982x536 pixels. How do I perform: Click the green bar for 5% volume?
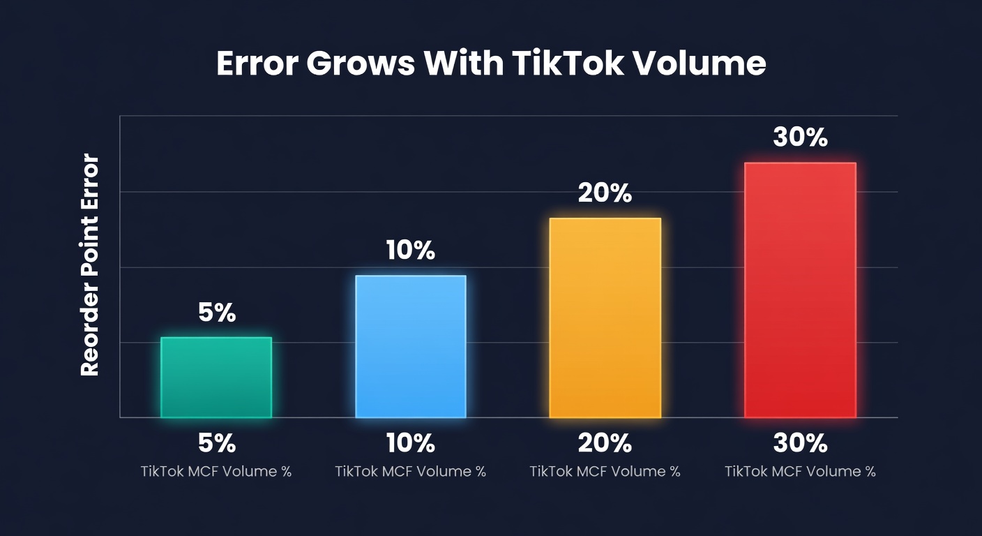(216, 378)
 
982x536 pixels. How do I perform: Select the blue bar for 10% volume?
(411, 347)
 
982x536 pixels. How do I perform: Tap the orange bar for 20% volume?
(605, 318)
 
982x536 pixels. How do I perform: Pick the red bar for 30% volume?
(800, 290)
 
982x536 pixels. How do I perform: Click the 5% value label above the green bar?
(217, 313)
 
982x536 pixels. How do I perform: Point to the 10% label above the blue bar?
(411, 251)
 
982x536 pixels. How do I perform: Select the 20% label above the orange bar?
(605, 193)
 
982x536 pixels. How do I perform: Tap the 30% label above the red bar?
(800, 137)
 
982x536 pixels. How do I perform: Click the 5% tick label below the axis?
(217, 442)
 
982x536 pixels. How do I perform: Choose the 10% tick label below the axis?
(411, 442)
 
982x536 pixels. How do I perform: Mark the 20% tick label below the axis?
(605, 442)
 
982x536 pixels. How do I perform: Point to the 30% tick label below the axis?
(800, 442)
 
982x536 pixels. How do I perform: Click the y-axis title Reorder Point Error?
(91, 266)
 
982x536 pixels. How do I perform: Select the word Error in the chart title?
(257, 64)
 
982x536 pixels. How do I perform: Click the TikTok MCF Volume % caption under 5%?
(216, 471)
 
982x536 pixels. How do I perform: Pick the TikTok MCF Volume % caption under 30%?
(800, 471)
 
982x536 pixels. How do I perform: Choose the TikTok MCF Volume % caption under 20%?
(605, 471)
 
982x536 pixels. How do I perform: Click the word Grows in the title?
(360, 64)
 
